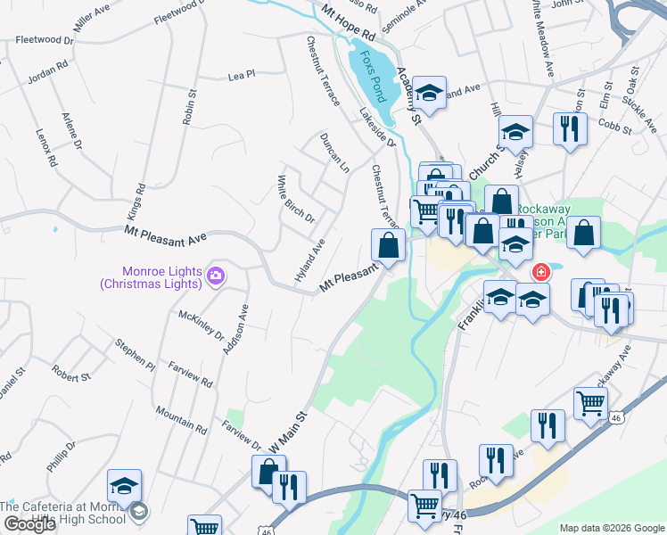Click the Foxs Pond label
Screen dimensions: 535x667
[x=372, y=75]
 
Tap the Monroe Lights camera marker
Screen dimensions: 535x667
[x=215, y=276]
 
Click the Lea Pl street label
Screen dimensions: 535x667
[x=242, y=77]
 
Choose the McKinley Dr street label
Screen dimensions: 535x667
[x=202, y=325]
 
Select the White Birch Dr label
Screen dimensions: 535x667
[x=295, y=199]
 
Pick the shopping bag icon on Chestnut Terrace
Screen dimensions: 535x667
[x=389, y=244]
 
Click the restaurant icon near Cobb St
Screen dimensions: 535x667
[x=569, y=128]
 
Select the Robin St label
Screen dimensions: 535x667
[x=189, y=106]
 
